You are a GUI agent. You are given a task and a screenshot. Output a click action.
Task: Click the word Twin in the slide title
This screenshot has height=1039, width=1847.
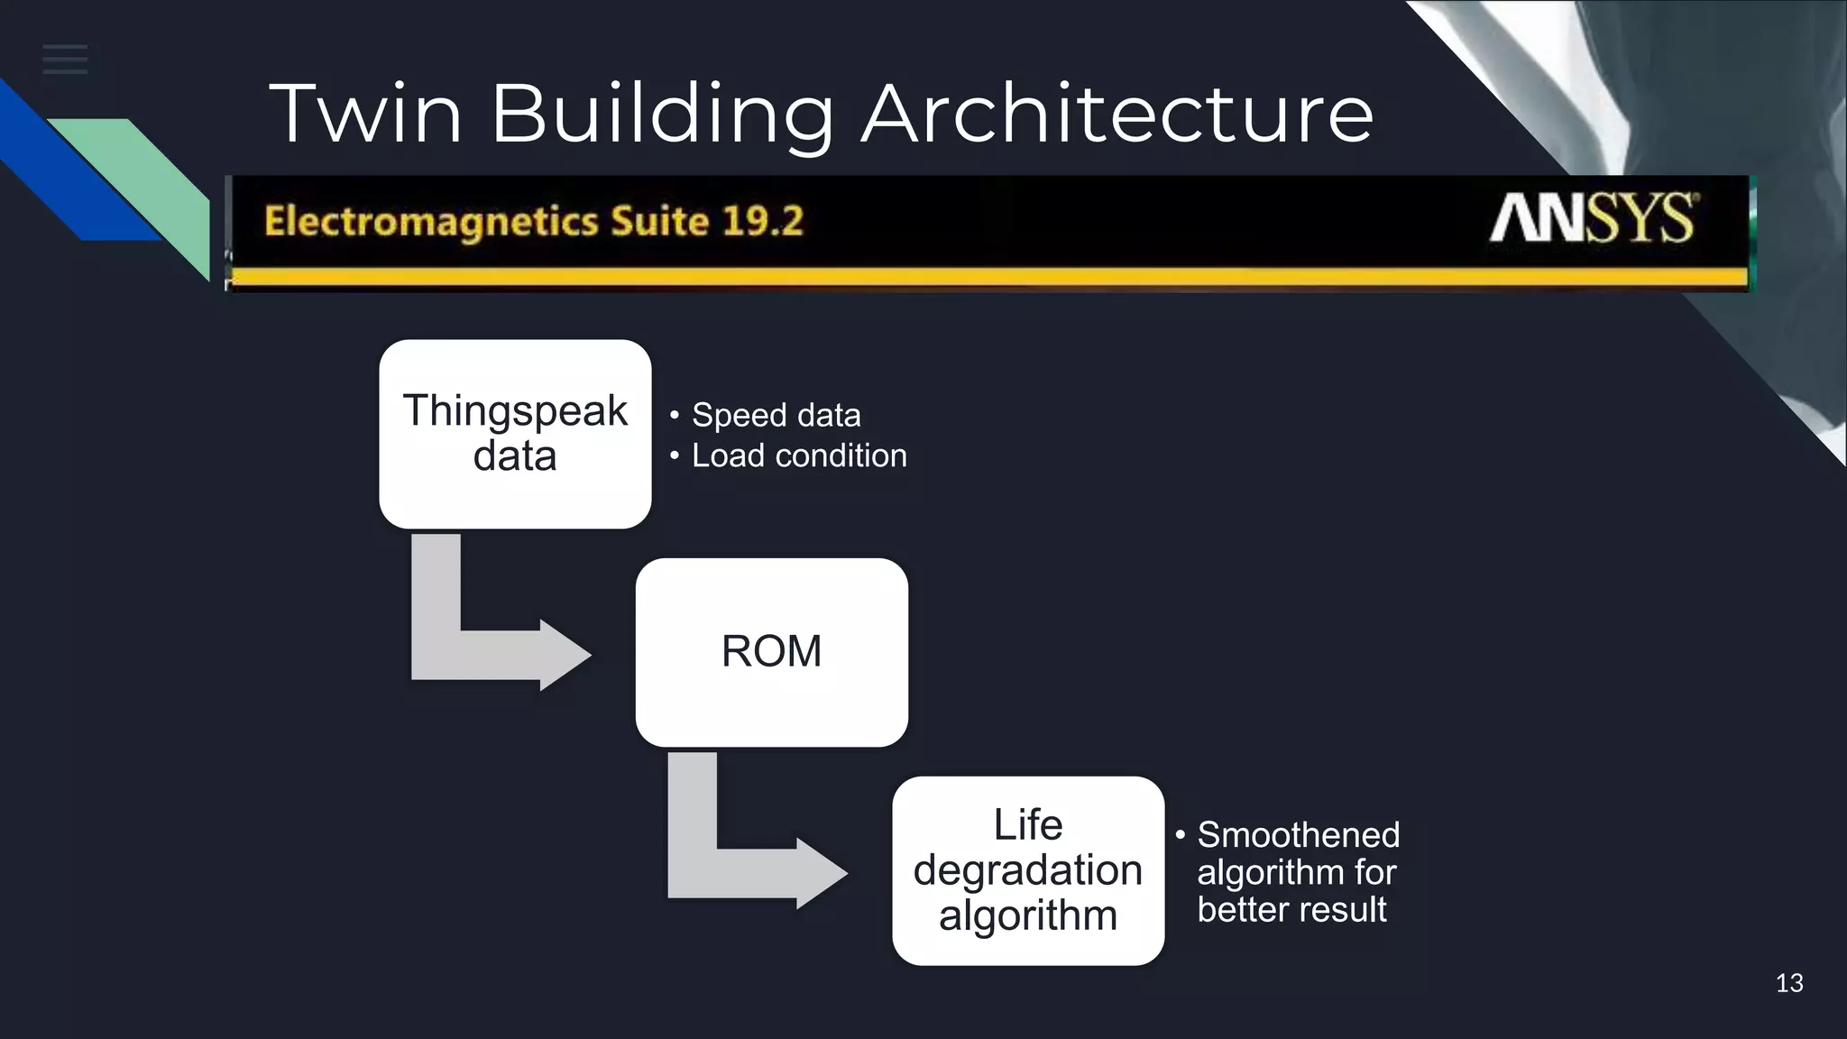tap(365, 114)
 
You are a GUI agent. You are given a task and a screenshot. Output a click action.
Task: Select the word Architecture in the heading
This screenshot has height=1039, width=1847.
tap(1116, 114)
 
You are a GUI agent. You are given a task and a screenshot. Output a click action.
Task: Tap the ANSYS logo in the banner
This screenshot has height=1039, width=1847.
tap(1593, 218)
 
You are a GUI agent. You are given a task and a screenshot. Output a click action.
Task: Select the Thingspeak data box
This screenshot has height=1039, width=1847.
tap(515, 434)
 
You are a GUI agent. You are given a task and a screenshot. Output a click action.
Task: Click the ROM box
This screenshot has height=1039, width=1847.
tap(771, 651)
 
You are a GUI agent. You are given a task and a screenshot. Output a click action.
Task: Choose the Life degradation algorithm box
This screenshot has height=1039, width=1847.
tap(1028, 870)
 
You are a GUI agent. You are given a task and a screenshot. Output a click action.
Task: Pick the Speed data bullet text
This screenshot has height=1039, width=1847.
tap(776, 416)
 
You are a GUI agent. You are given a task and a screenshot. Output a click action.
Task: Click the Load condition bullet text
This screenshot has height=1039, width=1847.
tap(799, 456)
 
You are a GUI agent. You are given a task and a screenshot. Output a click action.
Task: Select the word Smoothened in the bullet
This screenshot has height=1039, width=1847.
tap(1298, 835)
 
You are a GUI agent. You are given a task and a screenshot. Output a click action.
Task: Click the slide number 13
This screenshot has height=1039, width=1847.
tap(1789, 983)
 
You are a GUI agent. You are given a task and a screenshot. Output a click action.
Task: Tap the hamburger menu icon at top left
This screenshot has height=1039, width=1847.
tap(65, 60)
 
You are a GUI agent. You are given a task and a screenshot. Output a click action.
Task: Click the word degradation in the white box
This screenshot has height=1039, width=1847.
tap(1028, 870)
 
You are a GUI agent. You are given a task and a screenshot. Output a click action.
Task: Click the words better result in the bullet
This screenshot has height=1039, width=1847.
tap(1291, 909)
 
